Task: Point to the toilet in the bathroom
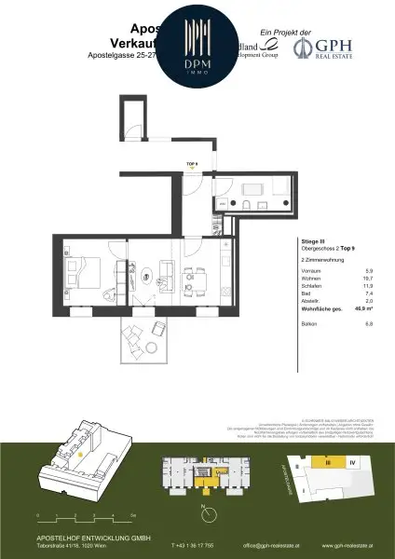click(240, 203)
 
